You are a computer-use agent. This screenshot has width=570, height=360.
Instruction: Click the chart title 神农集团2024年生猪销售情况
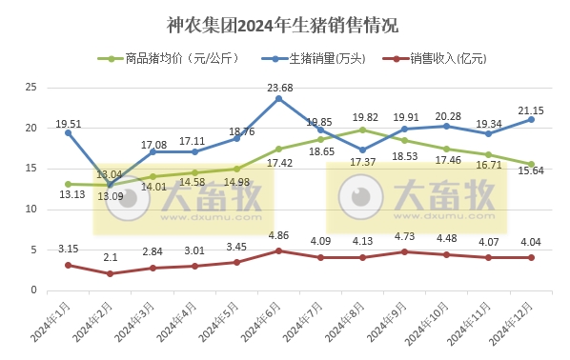tap(284, 24)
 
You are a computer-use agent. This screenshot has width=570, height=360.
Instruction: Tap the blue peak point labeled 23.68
tap(278, 98)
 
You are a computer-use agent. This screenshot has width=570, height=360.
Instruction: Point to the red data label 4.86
tap(278, 235)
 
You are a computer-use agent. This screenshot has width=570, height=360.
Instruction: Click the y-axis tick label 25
tap(31, 88)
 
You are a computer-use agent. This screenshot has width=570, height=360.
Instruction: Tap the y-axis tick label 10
tap(31, 210)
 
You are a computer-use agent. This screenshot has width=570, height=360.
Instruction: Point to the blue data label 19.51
tap(68, 123)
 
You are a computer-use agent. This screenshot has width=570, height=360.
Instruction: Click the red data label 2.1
tap(111, 257)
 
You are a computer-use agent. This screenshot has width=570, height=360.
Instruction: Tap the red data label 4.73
tap(404, 236)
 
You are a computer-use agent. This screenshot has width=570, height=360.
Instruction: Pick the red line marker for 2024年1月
tap(68, 265)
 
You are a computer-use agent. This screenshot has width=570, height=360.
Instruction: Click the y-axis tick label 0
tap(34, 290)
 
